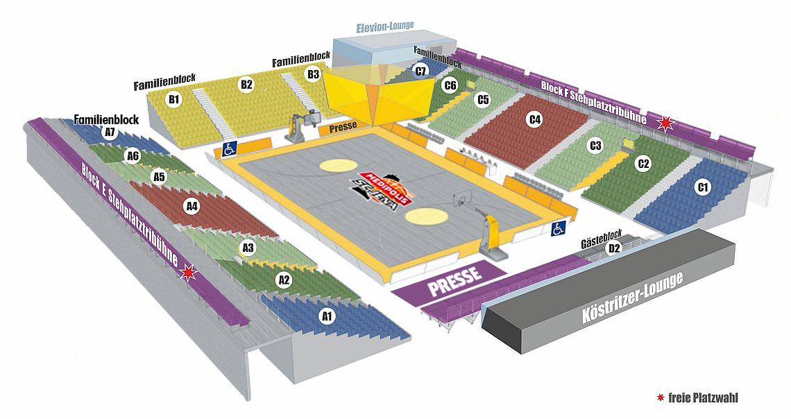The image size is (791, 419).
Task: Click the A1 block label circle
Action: (326, 317)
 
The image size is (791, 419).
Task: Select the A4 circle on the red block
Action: (192, 206)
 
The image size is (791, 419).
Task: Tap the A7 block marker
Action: (109, 132)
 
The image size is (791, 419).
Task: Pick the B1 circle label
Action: (174, 99)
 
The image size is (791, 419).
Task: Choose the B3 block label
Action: (313, 74)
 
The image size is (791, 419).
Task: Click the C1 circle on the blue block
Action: (703, 187)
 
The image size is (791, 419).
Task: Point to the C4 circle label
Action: (534, 120)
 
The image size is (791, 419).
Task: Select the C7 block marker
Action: (420, 71)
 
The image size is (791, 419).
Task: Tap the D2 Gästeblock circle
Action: (613, 248)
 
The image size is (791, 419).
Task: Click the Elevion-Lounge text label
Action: (384, 26)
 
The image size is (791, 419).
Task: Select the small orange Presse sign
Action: (343, 126)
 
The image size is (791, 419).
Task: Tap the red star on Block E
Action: (187, 273)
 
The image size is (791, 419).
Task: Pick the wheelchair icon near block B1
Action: (229, 148)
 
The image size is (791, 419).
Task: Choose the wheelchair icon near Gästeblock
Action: (558, 230)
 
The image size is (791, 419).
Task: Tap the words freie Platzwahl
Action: (703, 398)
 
